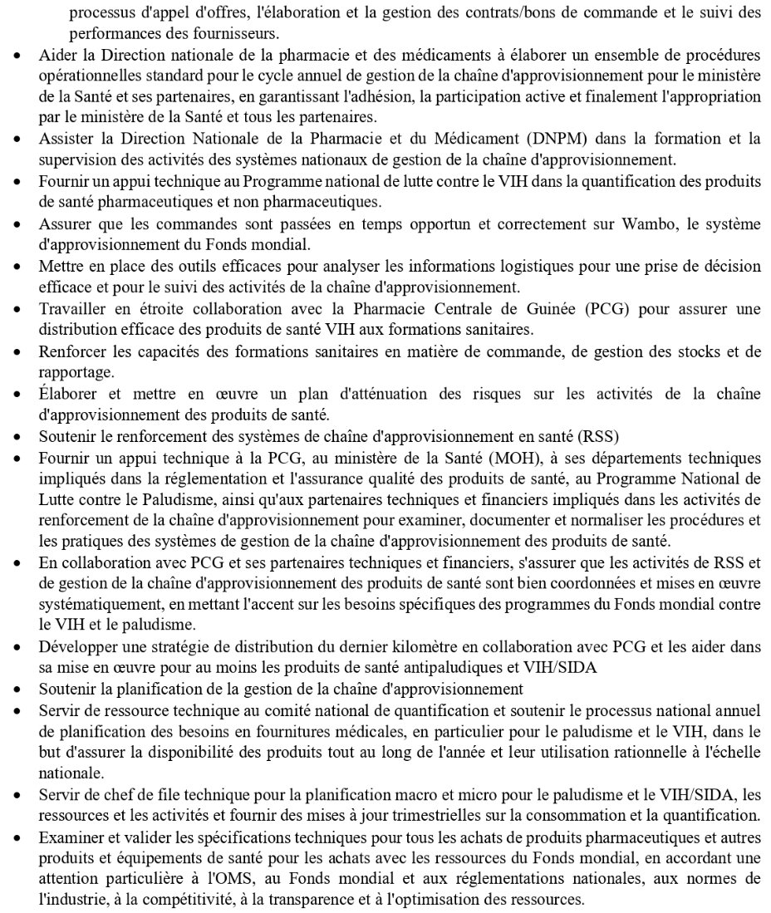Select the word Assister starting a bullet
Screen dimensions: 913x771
pos(63,137)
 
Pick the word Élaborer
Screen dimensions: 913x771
pos(66,395)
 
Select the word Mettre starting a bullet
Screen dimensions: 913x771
pos(59,267)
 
